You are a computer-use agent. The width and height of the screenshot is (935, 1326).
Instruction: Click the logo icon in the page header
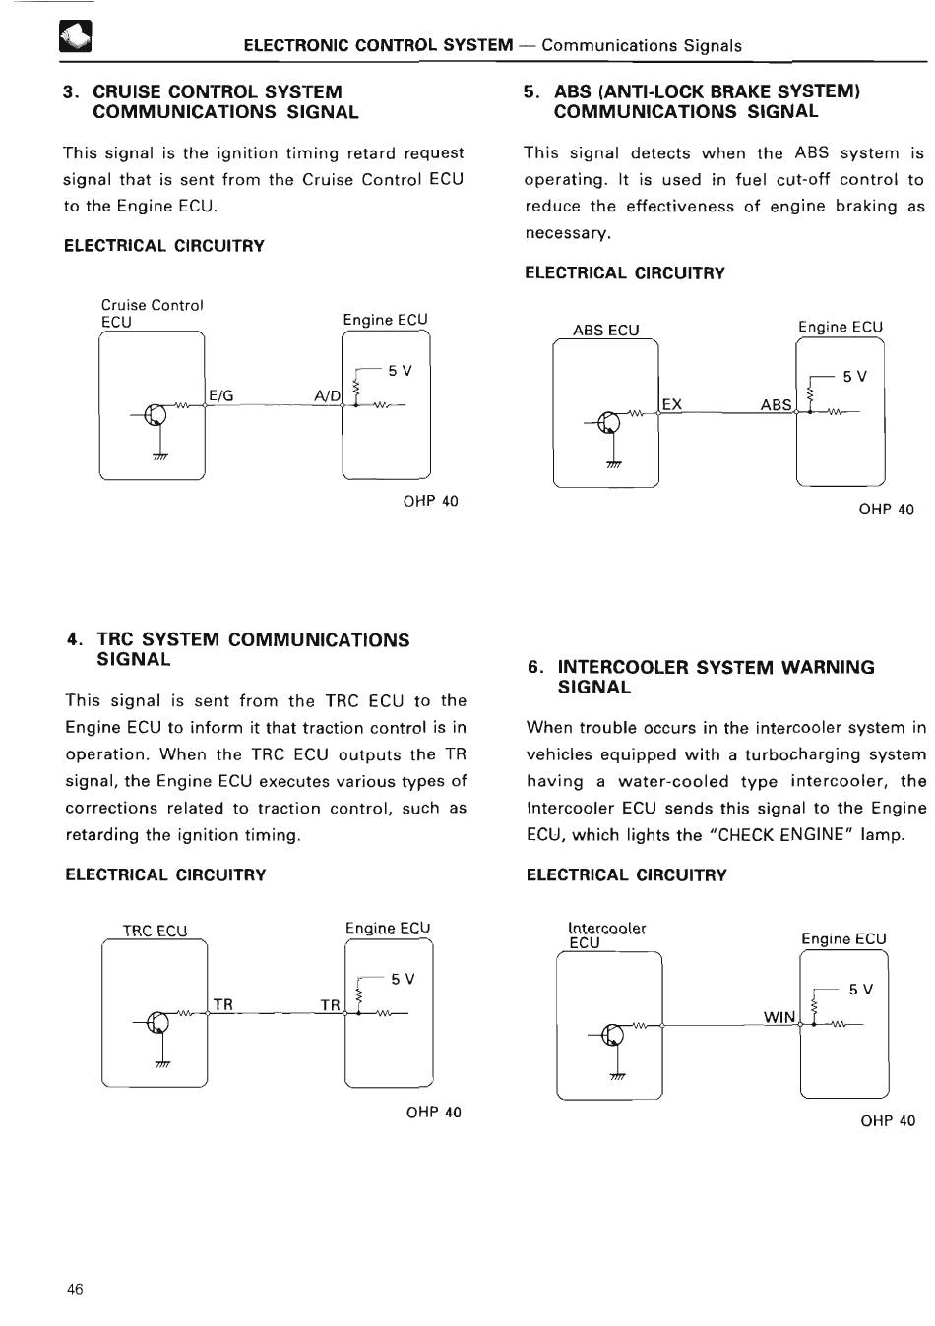(x=75, y=37)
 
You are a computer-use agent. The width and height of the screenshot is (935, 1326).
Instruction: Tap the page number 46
(x=75, y=1290)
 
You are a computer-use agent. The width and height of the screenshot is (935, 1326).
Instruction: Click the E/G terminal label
(x=221, y=395)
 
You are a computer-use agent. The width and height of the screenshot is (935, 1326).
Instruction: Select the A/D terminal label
(x=327, y=395)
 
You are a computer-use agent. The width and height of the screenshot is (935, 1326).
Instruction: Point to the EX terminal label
(x=672, y=404)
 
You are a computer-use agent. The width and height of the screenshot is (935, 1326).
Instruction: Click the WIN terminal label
(x=779, y=1017)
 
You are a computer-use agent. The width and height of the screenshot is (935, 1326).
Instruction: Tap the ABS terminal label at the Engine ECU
(x=776, y=404)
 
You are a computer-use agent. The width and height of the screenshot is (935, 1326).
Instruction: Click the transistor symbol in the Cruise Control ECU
(x=155, y=415)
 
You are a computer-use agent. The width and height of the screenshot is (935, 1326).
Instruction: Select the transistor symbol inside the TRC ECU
(x=156, y=1023)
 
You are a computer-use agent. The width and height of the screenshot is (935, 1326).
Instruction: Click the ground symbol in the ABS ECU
(x=613, y=465)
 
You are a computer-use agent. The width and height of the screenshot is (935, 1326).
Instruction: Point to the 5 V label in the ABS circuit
(x=854, y=377)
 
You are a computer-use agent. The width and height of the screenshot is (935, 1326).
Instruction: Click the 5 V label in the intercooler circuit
(x=860, y=990)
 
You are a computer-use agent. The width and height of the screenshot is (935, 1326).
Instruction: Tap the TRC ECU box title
(x=155, y=931)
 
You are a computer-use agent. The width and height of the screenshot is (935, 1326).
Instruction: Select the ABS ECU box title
(x=605, y=331)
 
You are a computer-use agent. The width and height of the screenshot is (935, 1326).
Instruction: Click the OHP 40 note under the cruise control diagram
(x=430, y=501)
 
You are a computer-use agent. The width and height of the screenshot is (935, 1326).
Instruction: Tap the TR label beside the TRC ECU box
(x=223, y=1004)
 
